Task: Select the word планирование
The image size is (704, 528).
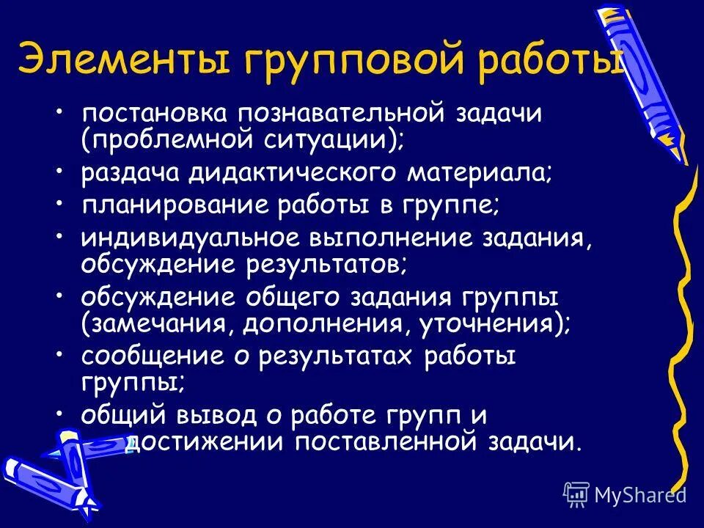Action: point(174,206)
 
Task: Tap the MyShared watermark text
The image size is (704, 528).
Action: point(639,494)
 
